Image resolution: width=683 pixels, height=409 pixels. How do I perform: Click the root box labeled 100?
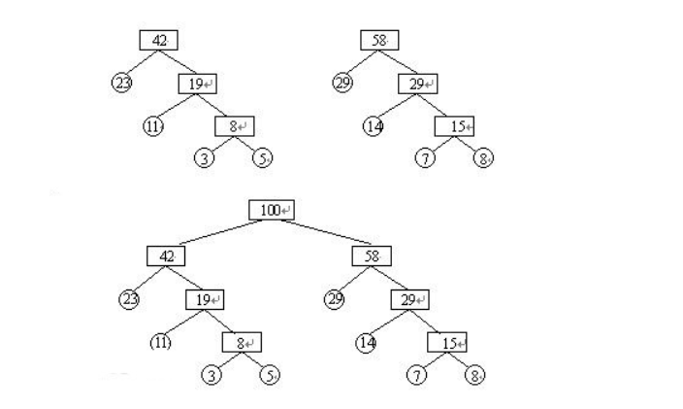[271, 210]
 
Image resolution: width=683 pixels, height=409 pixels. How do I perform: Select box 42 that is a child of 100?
[166, 256]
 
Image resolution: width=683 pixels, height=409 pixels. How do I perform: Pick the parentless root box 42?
[157, 40]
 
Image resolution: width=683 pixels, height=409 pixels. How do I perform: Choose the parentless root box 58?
[379, 40]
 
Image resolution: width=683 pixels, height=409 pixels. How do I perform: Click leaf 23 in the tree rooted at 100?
[130, 299]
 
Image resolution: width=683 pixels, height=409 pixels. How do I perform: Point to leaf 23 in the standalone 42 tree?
[122, 83]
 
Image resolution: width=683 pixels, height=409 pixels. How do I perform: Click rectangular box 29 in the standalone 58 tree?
[418, 84]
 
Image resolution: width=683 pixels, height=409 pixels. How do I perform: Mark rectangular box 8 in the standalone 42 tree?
[234, 126]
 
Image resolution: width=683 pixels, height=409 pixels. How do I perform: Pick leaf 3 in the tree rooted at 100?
[211, 375]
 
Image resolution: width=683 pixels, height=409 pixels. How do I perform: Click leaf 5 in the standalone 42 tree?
[261, 158]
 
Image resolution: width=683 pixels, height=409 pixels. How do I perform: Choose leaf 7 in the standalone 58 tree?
[425, 158]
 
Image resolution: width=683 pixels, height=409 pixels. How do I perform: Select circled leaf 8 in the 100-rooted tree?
[475, 375]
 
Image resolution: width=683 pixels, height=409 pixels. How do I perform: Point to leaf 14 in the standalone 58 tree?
[374, 125]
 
